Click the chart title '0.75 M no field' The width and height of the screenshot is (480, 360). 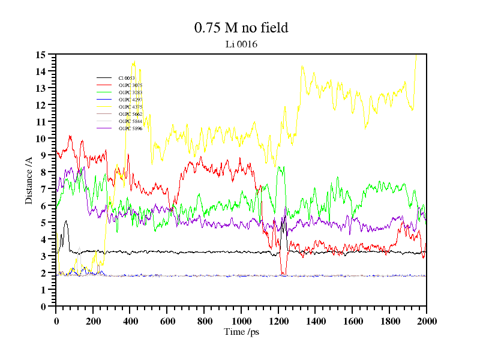coord(241,28)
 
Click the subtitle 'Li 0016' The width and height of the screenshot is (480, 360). coord(241,44)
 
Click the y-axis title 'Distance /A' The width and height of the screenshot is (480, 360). coord(29,181)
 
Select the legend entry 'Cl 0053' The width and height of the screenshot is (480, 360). coord(127,78)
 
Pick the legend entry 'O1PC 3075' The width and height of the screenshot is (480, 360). coord(130,85)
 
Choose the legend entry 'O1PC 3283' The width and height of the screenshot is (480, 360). coord(130,92)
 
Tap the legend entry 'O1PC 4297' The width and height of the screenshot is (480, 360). coord(130,100)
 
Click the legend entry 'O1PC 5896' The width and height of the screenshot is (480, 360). coord(130,128)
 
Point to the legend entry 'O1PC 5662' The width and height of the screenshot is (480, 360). coord(130,114)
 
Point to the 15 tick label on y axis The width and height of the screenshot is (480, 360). coord(41,55)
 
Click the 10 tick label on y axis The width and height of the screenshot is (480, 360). coord(41,139)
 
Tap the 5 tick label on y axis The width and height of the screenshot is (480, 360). coord(43,223)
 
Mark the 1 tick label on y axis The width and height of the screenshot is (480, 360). coord(43,290)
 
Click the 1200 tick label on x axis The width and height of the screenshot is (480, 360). coord(278,321)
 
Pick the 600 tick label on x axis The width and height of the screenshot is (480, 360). coord(167,321)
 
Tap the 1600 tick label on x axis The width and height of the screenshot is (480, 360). coord(352,321)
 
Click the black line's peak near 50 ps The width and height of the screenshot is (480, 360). coord(65,221)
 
